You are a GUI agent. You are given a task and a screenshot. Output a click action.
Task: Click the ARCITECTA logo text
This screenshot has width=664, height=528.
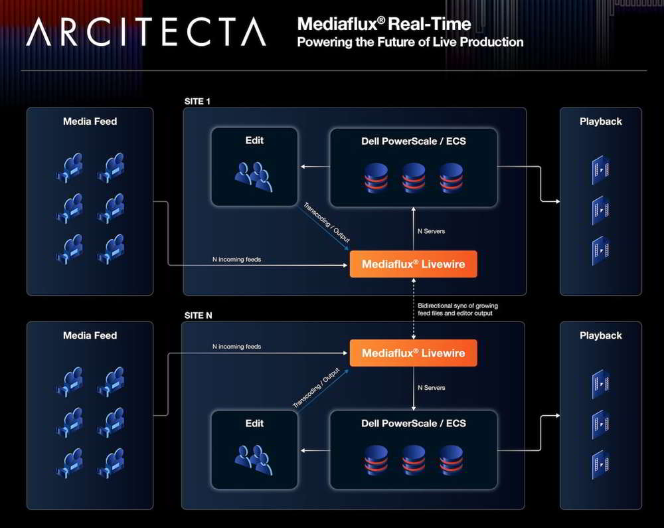146,32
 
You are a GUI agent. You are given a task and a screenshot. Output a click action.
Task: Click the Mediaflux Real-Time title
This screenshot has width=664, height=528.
384,24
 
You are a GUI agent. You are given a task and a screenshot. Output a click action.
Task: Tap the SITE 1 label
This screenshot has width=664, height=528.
197,101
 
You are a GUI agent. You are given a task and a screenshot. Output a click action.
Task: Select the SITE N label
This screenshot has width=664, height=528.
198,315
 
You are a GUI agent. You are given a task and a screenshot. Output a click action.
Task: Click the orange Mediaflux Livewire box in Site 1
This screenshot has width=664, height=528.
413,264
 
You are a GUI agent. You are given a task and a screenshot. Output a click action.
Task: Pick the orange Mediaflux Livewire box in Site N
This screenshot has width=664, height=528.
413,353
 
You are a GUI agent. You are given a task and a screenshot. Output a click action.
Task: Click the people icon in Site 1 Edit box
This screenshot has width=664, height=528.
254,177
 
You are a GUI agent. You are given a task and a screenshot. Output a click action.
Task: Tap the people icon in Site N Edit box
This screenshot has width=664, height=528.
254,460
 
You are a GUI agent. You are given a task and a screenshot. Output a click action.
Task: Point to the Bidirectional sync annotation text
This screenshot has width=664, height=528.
457,309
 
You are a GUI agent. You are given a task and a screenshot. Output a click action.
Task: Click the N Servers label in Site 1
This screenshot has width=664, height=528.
431,231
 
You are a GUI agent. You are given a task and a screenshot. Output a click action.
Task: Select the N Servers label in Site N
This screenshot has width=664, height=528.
431,387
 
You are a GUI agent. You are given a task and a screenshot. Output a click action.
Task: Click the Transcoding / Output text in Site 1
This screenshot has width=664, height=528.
327,222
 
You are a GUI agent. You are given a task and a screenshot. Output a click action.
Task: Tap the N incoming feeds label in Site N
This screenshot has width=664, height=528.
237,346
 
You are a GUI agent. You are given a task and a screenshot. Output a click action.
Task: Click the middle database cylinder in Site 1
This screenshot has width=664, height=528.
414,178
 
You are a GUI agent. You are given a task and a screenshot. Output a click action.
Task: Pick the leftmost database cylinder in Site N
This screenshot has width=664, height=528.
376,460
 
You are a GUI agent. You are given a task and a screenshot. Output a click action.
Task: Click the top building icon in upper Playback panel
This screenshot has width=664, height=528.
600,170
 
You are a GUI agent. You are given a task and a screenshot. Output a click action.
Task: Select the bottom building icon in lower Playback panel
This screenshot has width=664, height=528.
600,465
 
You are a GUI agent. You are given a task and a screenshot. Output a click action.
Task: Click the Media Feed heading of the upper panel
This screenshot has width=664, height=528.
90,122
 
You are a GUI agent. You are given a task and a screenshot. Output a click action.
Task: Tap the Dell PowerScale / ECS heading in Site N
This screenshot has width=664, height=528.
413,424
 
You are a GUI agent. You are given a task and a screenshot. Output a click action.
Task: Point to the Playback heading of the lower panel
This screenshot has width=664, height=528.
600,336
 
